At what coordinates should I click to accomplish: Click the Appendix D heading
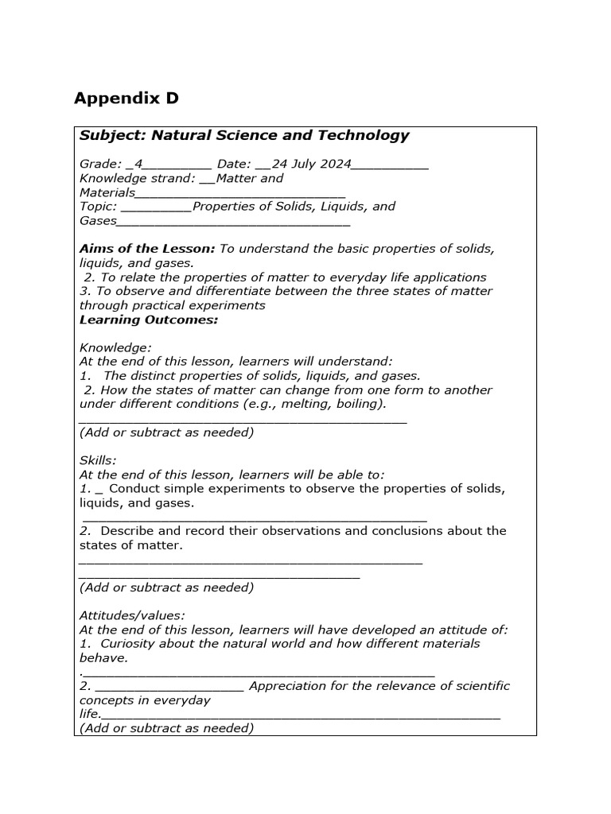tap(126, 99)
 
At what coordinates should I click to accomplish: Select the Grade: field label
tap(100, 165)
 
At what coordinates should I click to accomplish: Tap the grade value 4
tap(138, 165)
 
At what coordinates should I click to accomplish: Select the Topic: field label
tap(98, 207)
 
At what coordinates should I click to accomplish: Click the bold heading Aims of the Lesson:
tap(147, 249)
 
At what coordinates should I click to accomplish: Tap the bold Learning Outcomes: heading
tap(148, 320)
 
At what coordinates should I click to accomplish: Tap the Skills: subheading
tap(98, 460)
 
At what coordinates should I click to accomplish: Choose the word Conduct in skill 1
tap(135, 489)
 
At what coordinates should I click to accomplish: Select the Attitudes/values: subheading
tap(132, 615)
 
